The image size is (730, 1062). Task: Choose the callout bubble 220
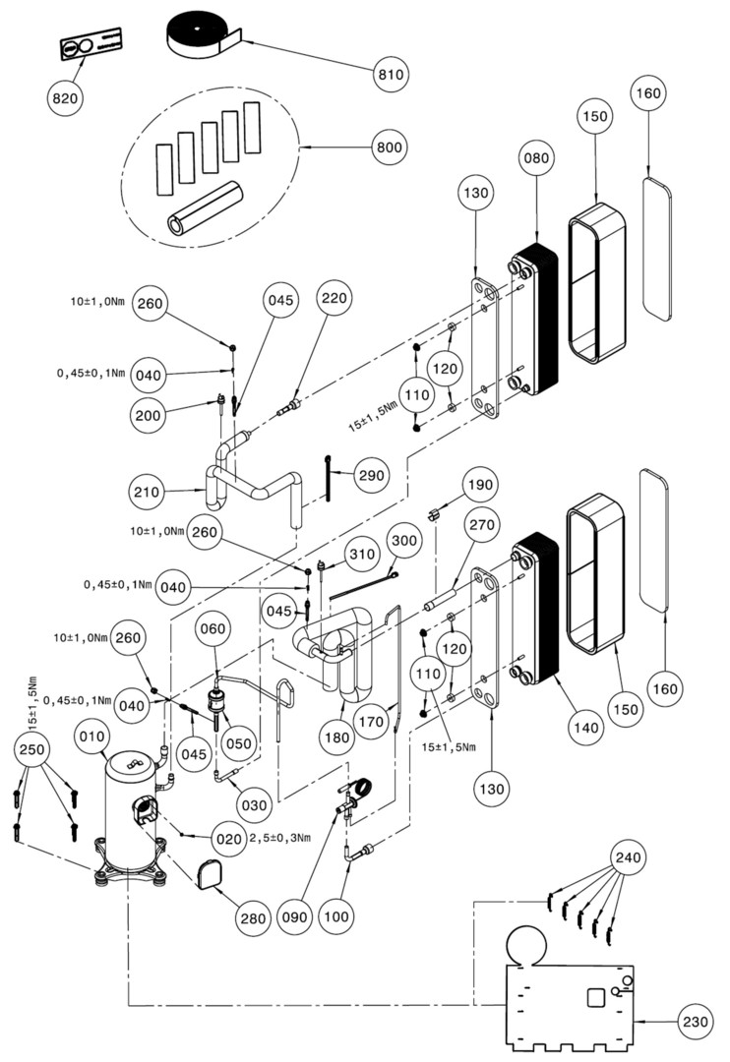[335, 302]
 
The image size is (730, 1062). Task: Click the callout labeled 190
[482, 485]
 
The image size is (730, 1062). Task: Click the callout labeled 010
[92, 737]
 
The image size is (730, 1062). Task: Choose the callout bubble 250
[32, 751]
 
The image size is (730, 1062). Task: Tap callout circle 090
[295, 916]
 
